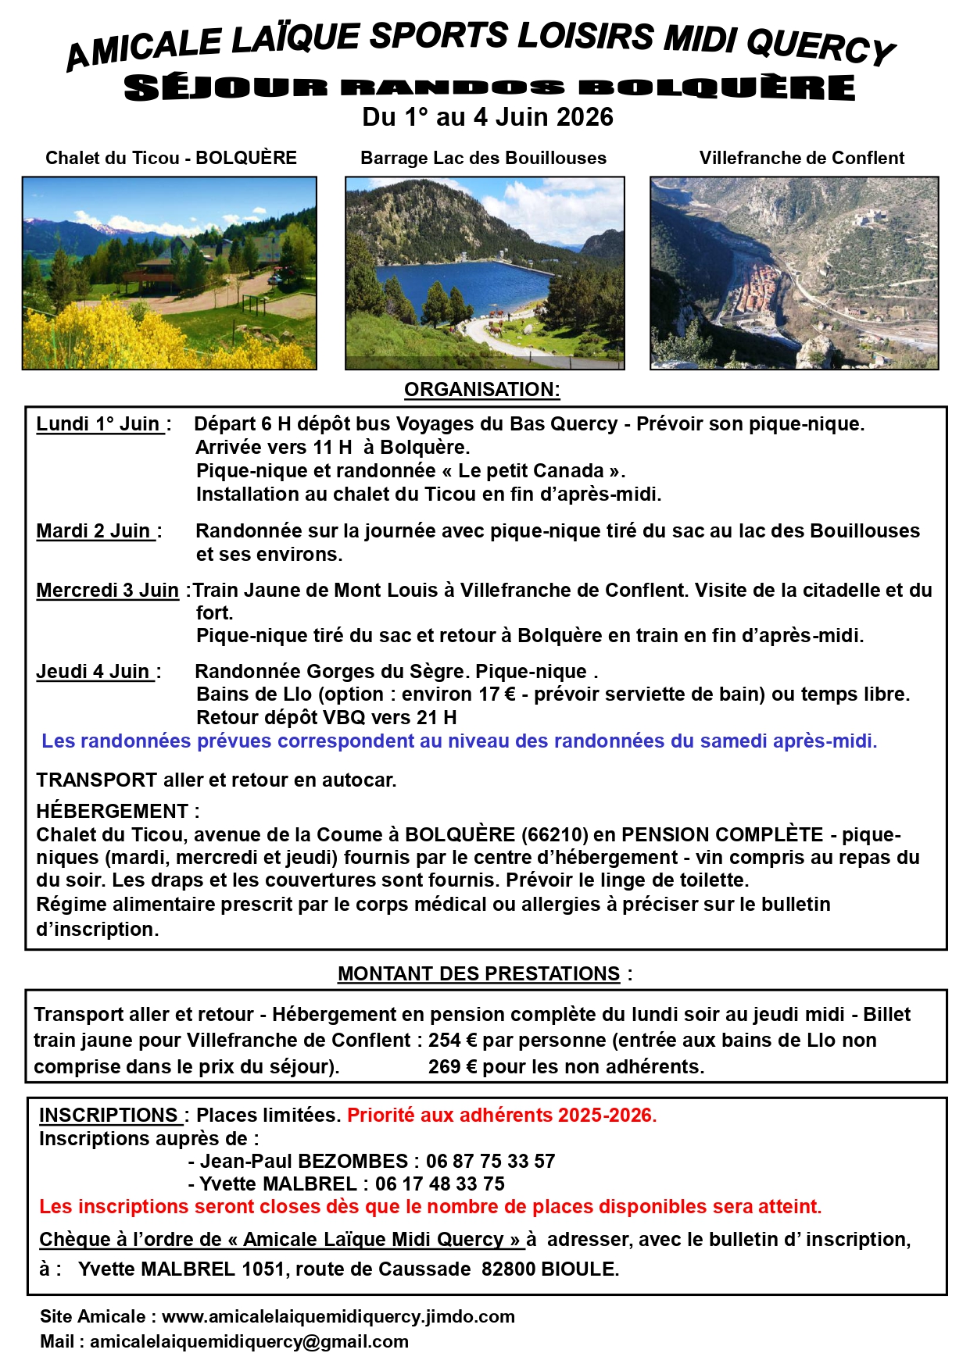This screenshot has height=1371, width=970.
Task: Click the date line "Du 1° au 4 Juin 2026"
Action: click(x=487, y=117)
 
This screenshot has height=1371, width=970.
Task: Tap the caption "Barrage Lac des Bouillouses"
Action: click(x=483, y=158)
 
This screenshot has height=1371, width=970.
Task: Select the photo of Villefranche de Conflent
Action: click(x=793, y=273)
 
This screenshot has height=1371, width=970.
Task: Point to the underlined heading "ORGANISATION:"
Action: click(x=481, y=389)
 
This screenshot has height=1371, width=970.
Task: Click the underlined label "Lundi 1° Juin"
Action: click(x=99, y=424)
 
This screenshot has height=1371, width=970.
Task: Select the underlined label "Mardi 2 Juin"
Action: click(x=95, y=531)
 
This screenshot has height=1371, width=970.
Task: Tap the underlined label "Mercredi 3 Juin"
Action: click(x=108, y=591)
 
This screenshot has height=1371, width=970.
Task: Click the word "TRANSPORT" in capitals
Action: click(x=96, y=780)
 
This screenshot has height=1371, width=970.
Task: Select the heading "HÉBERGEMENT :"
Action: click(x=117, y=811)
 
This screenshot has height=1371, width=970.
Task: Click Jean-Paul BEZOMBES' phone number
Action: click(x=490, y=1162)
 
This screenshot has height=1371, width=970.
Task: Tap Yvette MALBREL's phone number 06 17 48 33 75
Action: click(x=440, y=1184)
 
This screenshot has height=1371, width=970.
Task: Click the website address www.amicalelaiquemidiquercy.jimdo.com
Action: click(x=338, y=1317)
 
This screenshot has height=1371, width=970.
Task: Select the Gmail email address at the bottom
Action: click(x=249, y=1342)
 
